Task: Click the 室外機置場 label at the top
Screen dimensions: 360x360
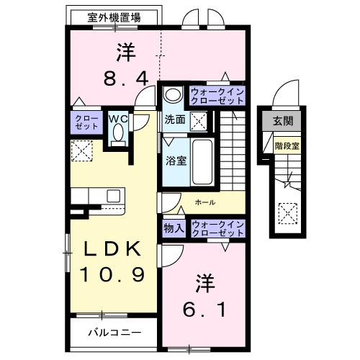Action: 114,17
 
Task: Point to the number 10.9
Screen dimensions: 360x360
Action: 114,274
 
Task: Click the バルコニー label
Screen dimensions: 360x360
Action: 114,333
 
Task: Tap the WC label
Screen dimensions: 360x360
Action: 117,117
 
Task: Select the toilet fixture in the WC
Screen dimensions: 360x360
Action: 118,134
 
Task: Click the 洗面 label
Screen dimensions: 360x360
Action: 175,120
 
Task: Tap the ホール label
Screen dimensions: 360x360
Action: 205,203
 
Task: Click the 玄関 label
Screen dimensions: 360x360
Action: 283,120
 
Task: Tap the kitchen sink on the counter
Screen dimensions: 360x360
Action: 114,195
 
